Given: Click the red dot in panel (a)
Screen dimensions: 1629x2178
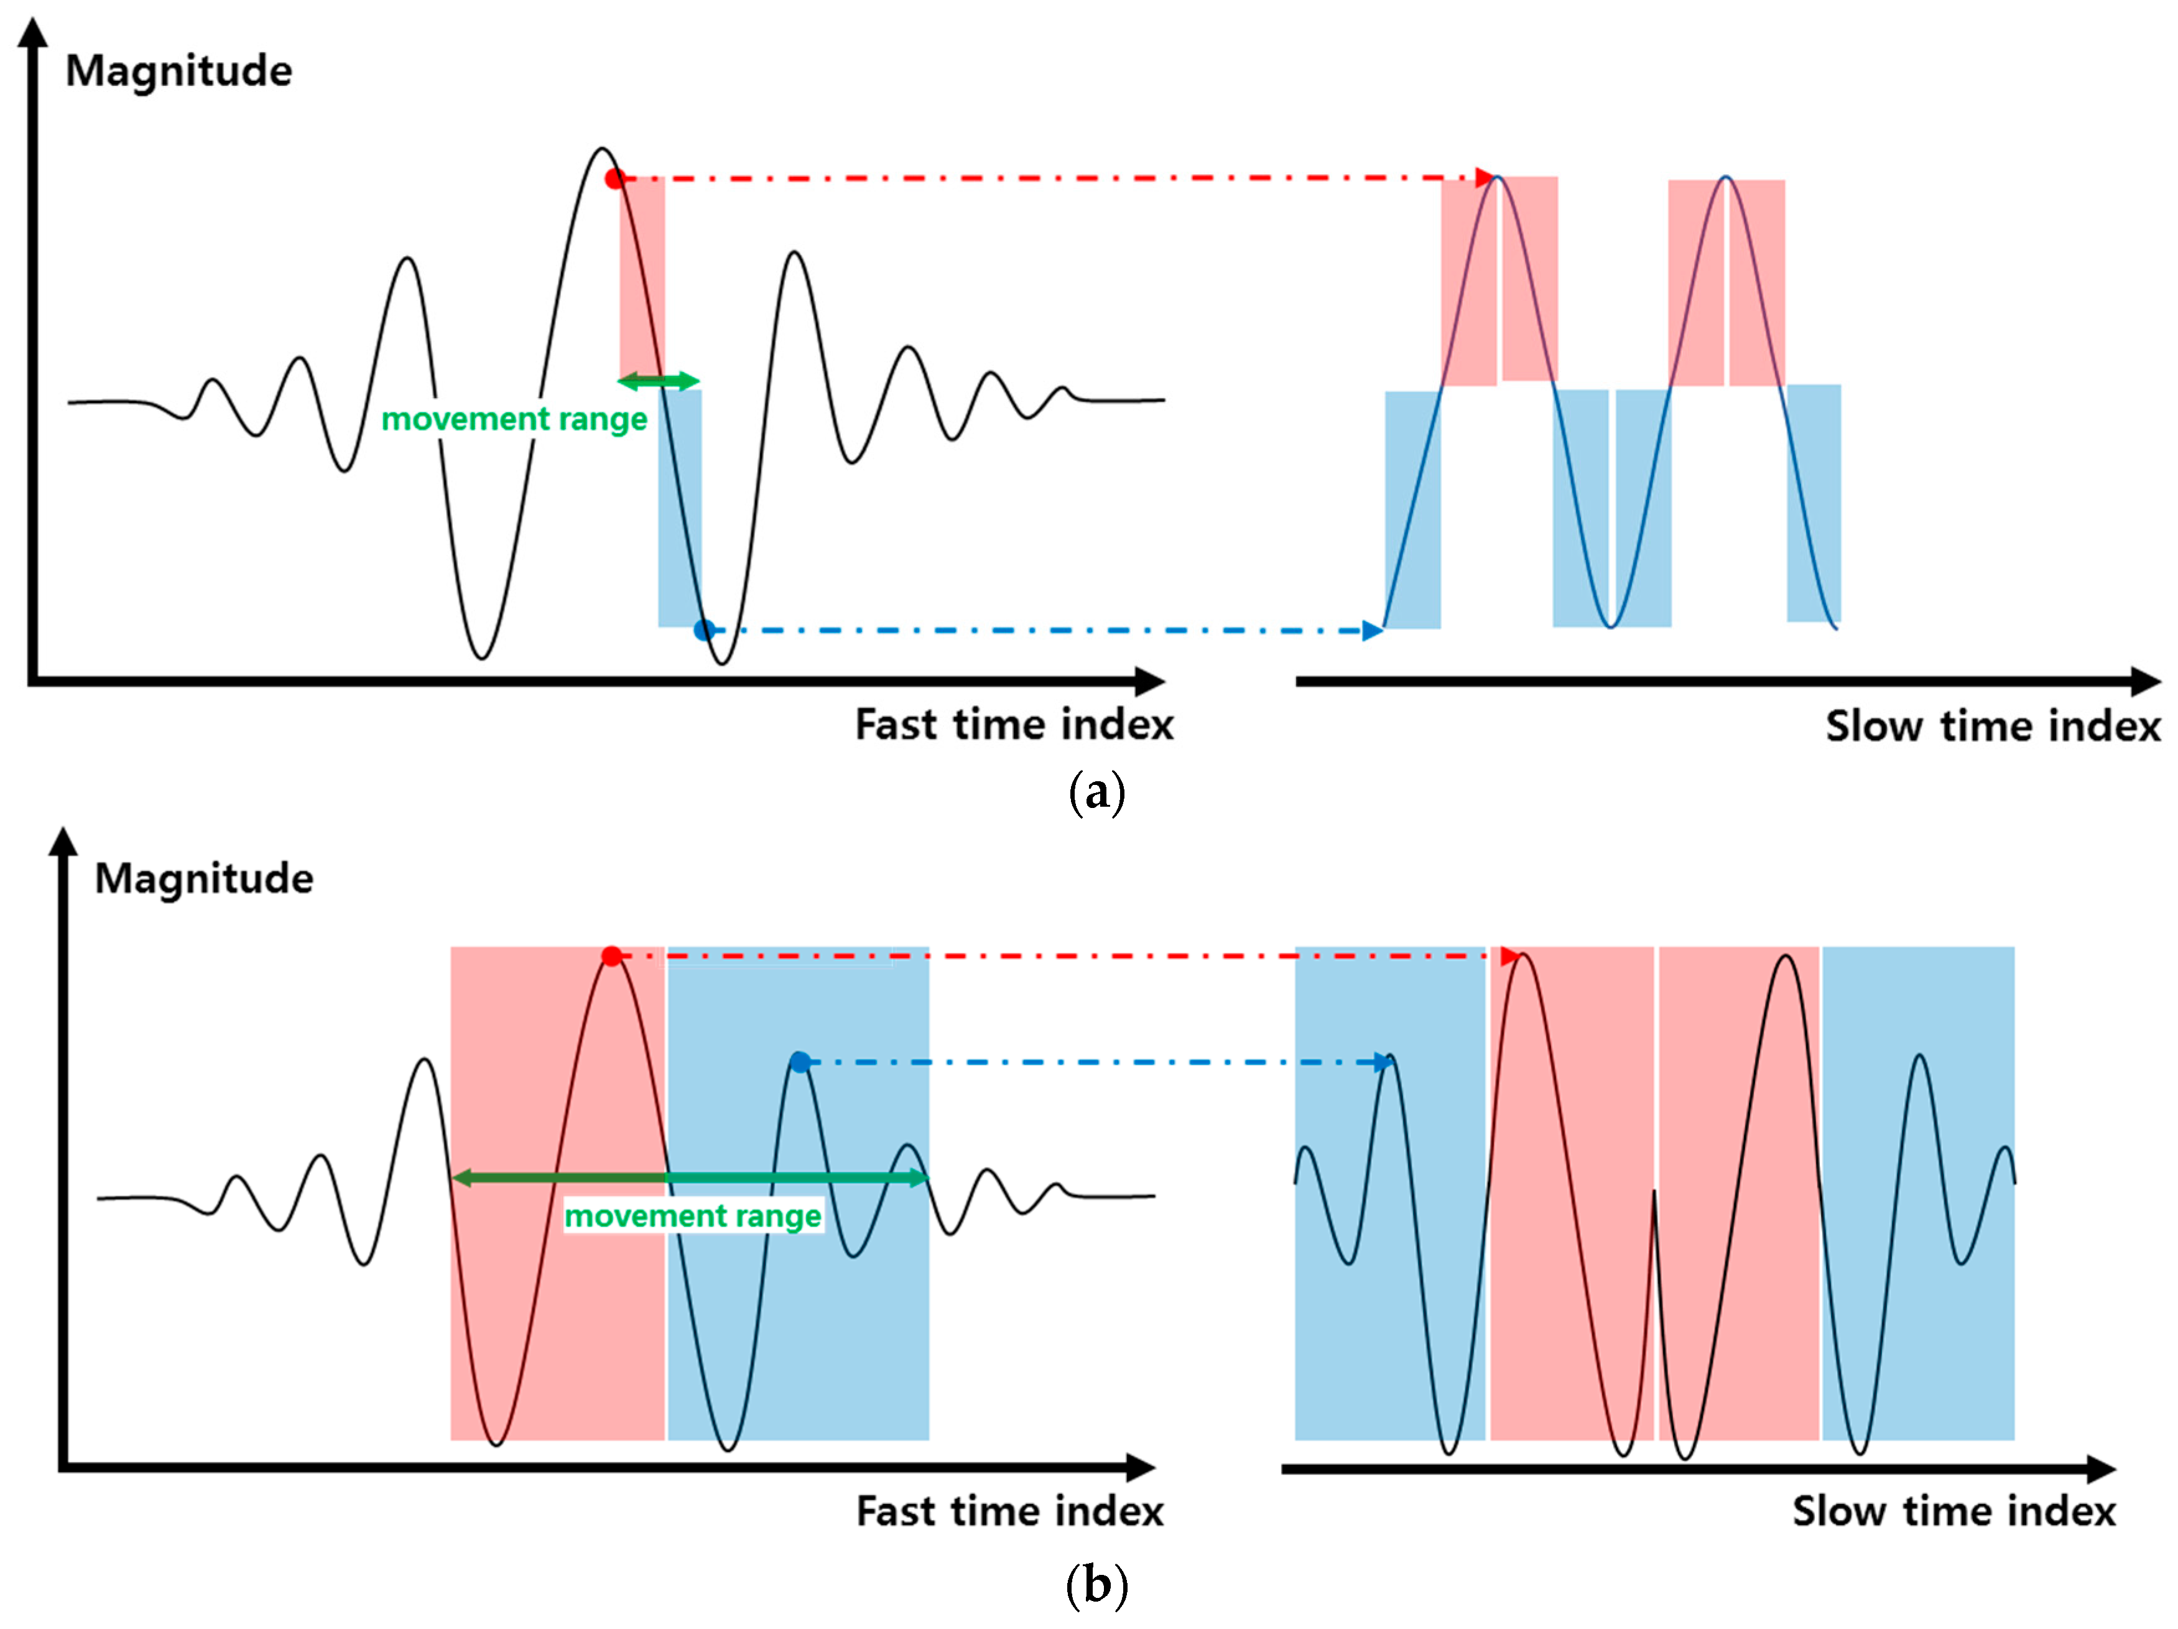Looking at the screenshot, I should [x=614, y=179].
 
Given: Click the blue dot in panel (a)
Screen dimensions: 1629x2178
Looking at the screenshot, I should [x=703, y=629].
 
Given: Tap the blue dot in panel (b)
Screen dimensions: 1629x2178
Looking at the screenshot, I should [x=800, y=1062].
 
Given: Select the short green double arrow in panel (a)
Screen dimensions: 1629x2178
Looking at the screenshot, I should [x=659, y=380].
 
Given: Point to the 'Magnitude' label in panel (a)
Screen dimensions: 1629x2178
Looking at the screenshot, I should [x=178, y=71].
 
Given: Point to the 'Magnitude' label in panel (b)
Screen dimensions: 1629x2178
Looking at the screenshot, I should [x=204, y=878].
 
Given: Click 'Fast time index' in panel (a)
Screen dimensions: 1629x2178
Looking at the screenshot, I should [x=1014, y=725].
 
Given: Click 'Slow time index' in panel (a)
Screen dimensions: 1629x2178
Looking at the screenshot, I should [x=1993, y=727].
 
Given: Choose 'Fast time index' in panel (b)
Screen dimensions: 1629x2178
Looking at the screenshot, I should [x=1009, y=1511].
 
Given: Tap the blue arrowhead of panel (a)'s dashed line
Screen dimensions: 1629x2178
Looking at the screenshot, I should [x=1371, y=630].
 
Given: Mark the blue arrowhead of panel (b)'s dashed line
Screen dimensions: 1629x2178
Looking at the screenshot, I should [x=1383, y=1062].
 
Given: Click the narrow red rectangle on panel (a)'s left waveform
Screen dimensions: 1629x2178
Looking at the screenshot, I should [x=641, y=276].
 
